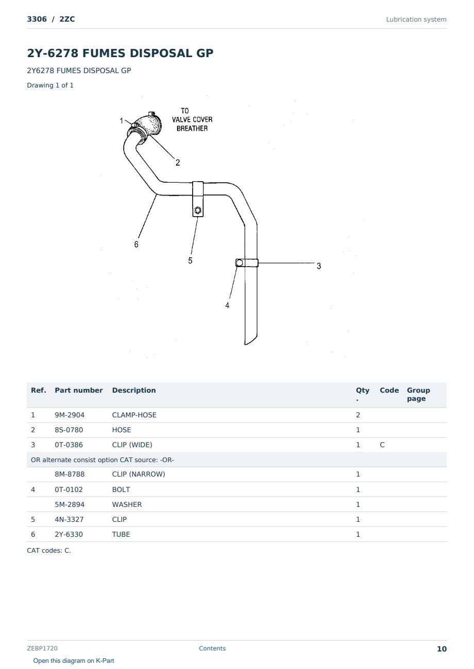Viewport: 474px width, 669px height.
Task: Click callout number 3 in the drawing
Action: [319, 266]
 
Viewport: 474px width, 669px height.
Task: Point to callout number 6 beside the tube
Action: [137, 244]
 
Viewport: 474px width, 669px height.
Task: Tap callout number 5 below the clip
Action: [190, 260]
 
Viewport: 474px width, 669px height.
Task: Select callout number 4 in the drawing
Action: [227, 305]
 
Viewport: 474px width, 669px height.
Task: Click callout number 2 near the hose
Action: [178, 163]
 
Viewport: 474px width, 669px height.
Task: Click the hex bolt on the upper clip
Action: [198, 210]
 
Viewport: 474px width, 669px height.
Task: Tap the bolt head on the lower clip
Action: [239, 263]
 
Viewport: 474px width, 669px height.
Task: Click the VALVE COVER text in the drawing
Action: [192, 119]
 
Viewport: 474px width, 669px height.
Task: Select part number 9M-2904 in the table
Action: [70, 415]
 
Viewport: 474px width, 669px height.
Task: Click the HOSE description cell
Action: [122, 430]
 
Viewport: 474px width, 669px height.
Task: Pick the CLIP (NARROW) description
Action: [139, 474]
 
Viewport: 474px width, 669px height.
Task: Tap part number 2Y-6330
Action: [69, 534]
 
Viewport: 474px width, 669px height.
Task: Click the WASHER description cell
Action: [127, 504]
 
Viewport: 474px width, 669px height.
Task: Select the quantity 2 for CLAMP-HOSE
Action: [358, 415]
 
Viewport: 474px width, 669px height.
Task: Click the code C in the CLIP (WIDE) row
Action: [382, 445]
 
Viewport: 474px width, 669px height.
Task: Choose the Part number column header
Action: [79, 390]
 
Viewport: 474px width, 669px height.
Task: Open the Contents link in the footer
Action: [212, 648]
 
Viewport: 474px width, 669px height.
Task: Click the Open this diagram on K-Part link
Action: [74, 660]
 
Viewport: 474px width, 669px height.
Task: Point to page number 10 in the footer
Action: [442, 649]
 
